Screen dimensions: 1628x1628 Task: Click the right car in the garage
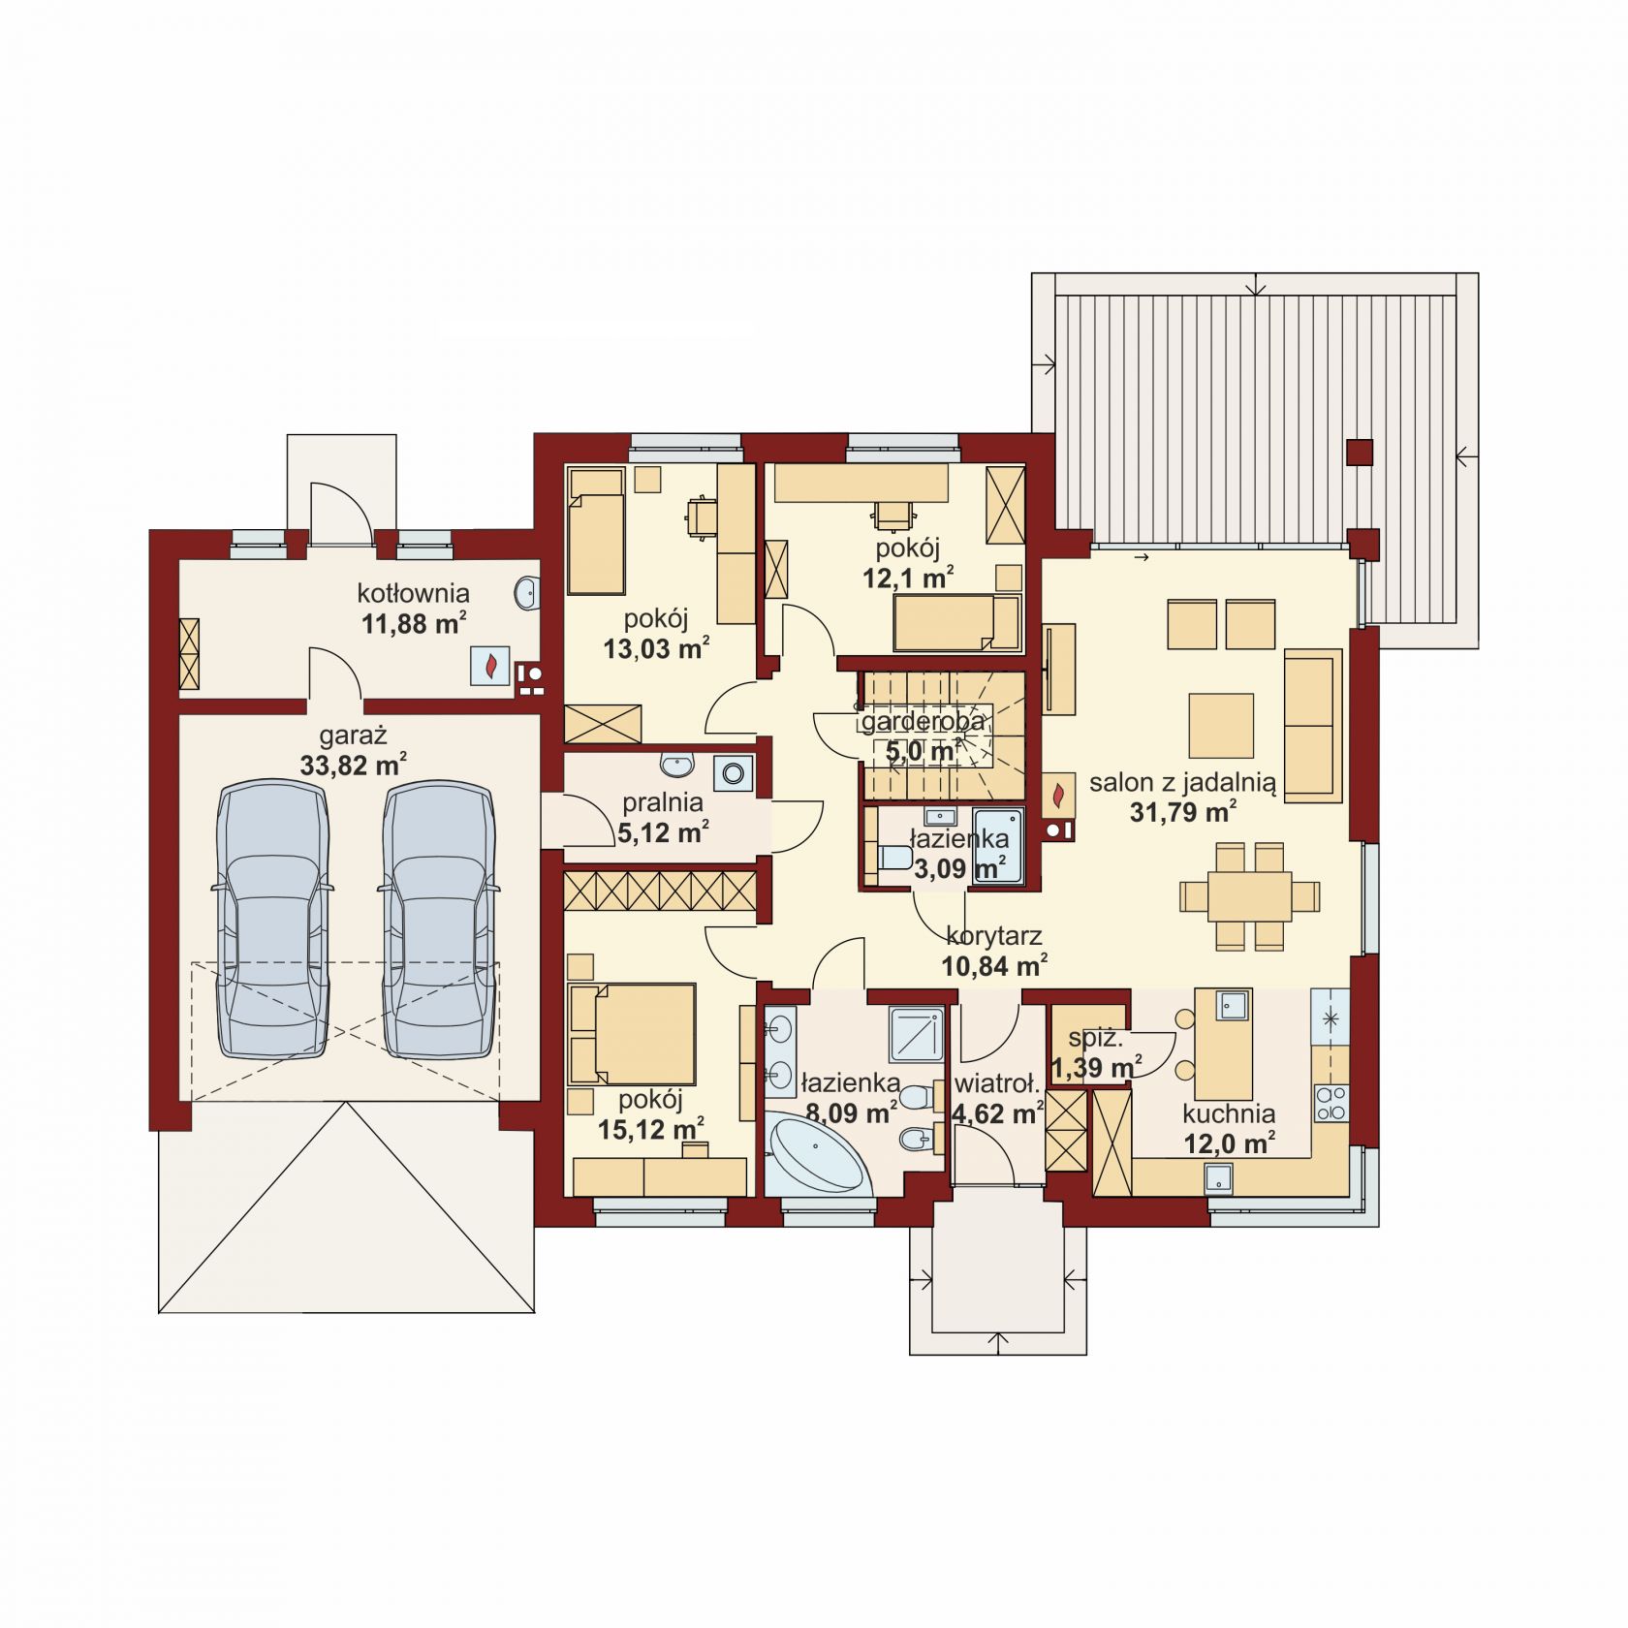(438, 921)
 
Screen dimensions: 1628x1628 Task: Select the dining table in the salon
(1249, 895)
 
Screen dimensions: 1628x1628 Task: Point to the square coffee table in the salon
(1222, 725)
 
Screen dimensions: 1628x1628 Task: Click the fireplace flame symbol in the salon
(1060, 794)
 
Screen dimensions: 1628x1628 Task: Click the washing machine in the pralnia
(733, 772)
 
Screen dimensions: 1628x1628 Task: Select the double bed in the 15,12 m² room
(632, 1035)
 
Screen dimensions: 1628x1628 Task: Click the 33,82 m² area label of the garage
(353, 766)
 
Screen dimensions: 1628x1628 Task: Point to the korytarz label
(994, 936)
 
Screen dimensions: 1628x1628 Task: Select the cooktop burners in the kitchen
(1331, 1103)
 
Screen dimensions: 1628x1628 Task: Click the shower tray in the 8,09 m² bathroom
(917, 1034)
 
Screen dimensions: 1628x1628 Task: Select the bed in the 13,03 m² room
(596, 531)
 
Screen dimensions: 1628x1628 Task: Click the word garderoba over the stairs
(924, 721)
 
